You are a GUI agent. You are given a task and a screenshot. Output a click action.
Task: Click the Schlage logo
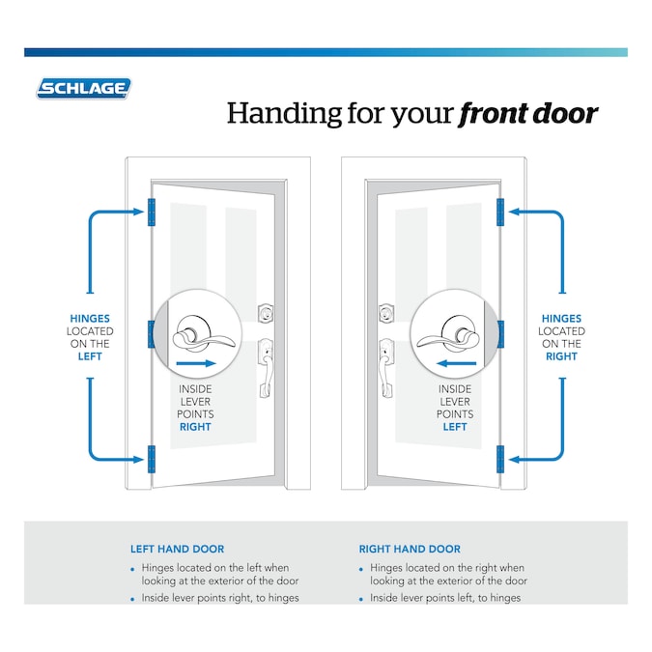click(x=83, y=89)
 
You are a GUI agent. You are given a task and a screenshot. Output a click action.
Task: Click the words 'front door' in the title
click(x=527, y=114)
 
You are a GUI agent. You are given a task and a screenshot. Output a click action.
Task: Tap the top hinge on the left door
click(x=151, y=212)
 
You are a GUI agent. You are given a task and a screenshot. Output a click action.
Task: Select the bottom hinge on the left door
click(x=151, y=459)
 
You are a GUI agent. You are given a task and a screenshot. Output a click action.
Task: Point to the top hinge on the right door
click(x=500, y=212)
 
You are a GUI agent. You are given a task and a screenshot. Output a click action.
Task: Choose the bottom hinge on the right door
click(x=500, y=459)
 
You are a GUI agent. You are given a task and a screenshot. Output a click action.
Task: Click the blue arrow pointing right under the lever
click(x=196, y=365)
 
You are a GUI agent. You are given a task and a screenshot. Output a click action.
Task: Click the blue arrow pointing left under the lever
click(x=454, y=365)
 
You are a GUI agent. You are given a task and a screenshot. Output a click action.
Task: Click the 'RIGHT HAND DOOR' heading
click(x=410, y=549)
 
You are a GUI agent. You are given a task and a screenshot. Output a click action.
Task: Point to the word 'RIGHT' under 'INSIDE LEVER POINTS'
click(x=195, y=426)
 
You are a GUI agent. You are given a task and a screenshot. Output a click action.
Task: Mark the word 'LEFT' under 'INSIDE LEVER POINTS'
click(x=455, y=426)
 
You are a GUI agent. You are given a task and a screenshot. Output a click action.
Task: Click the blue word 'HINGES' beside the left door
click(x=90, y=318)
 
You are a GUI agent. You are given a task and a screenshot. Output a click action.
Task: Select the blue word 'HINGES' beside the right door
click(x=561, y=318)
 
